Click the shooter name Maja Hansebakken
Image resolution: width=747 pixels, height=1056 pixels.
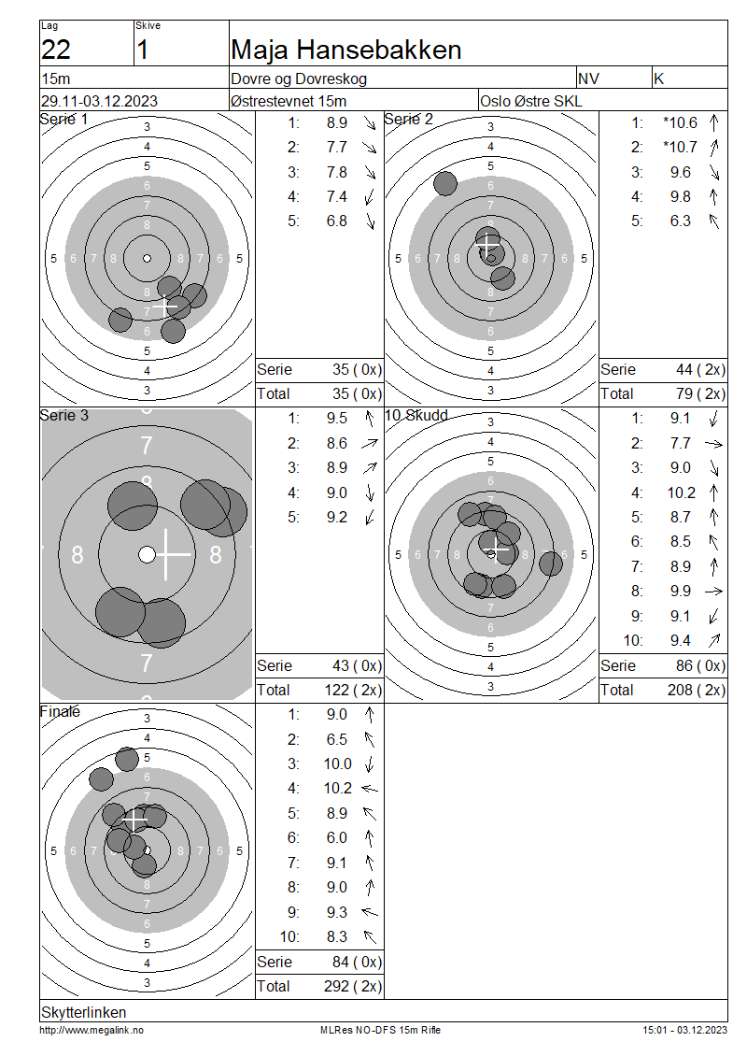tap(345, 50)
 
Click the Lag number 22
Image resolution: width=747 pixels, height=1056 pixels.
tap(56, 50)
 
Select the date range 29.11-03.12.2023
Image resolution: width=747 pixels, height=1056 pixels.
tap(100, 101)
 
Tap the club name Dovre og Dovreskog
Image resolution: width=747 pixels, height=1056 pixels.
tap(299, 78)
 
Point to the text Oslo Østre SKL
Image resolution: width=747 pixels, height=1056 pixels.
tap(531, 102)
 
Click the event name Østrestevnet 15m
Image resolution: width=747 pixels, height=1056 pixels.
tap(289, 101)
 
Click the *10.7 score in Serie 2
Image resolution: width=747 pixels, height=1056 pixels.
tap(680, 147)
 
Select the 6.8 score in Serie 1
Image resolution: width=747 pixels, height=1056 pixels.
tap(336, 221)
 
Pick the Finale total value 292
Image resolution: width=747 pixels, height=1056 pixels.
tap(336, 986)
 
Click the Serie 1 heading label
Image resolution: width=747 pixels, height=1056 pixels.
tap(63, 120)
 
